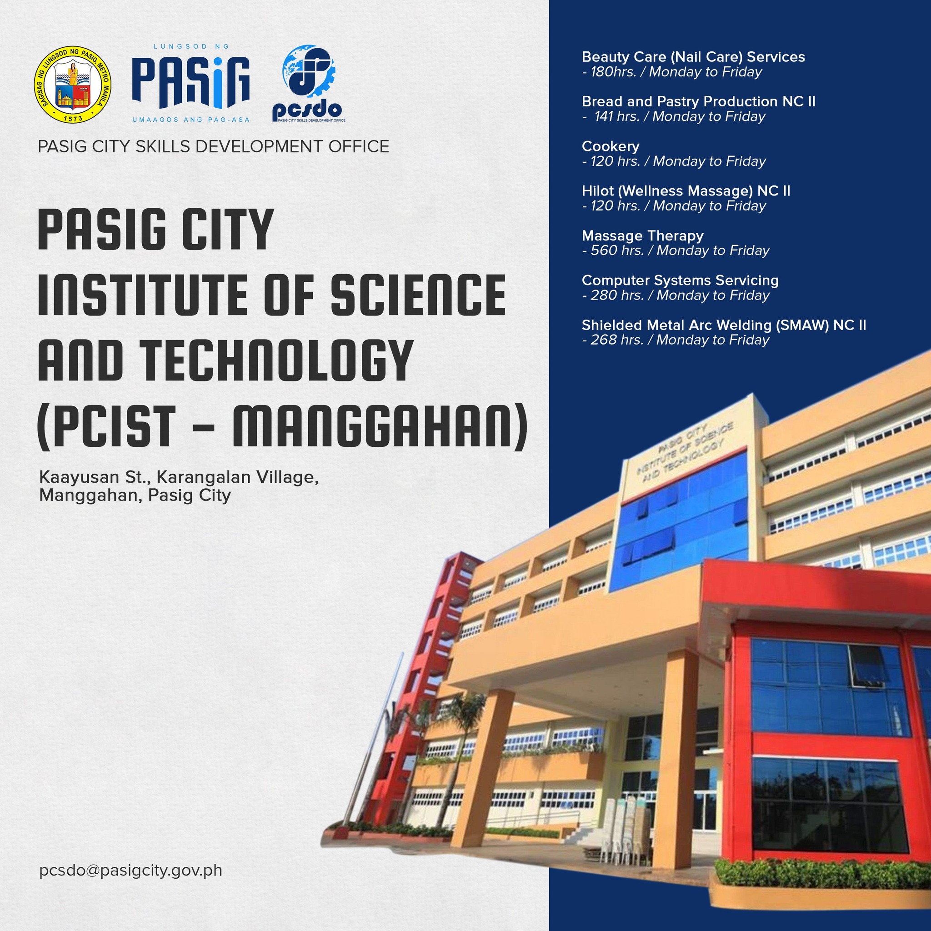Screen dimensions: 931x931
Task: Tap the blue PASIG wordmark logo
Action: [191, 83]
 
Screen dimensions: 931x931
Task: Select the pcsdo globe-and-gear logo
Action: [308, 83]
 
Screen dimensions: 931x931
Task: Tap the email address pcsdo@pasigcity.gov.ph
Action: [130, 870]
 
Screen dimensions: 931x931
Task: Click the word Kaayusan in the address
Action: [80, 477]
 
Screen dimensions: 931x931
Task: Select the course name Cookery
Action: [611, 146]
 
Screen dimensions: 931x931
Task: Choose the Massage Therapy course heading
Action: [642, 235]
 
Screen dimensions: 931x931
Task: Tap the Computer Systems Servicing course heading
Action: [680, 280]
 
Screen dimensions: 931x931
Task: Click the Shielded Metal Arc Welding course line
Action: [724, 325]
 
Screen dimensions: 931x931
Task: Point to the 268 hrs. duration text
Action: [617, 340]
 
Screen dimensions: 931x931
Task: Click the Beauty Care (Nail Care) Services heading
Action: [693, 57]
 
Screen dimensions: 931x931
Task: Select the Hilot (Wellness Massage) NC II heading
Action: [686, 191]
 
